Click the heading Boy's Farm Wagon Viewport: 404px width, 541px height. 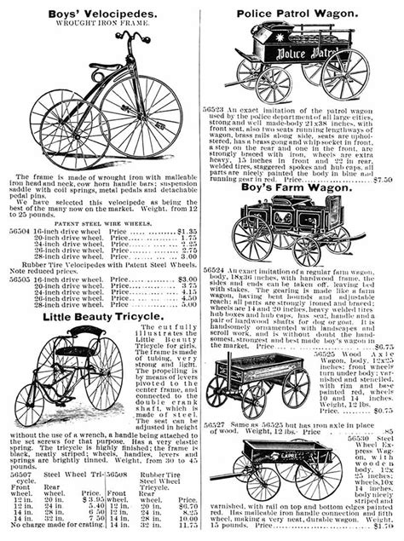[304, 190]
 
